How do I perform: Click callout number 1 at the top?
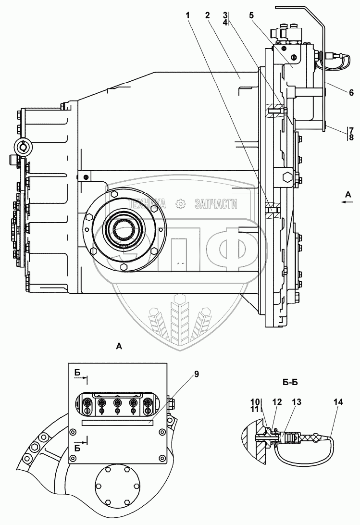click(188, 15)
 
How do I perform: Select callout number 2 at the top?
click(207, 15)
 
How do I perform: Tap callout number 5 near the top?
click(251, 15)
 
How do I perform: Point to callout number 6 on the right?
click(351, 92)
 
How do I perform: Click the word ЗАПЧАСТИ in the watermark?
click(216, 204)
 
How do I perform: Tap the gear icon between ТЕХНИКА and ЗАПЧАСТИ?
click(181, 204)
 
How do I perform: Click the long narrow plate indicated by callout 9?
click(118, 422)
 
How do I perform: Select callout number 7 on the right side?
click(351, 130)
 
